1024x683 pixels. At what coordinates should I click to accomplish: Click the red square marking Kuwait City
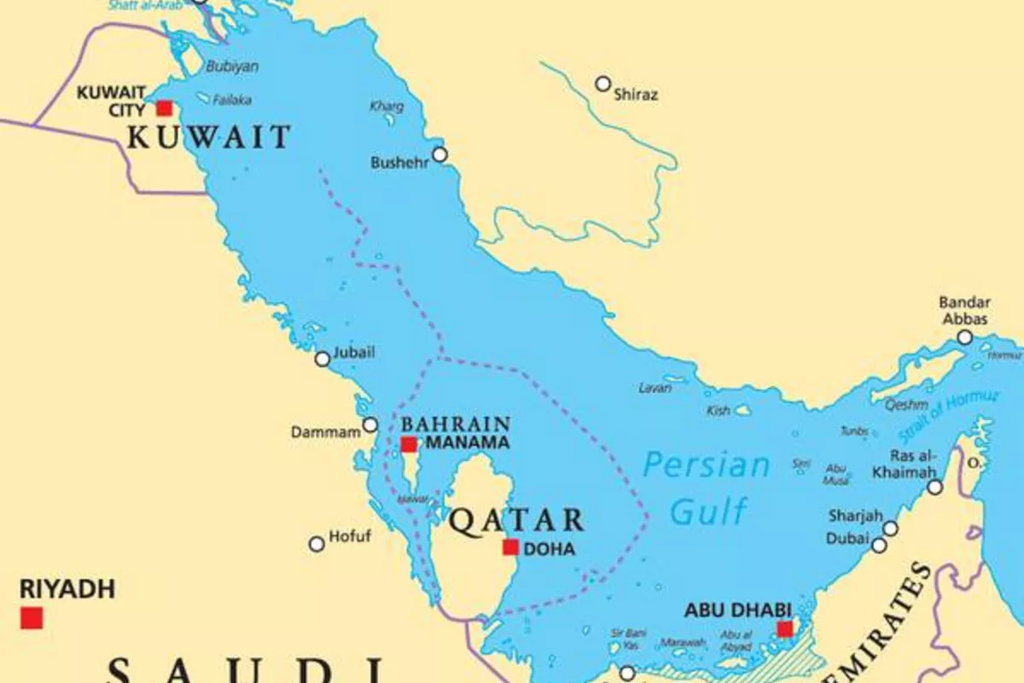[164, 108]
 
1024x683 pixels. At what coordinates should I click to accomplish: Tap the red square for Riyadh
[32, 617]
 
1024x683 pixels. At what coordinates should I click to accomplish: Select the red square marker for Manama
[409, 444]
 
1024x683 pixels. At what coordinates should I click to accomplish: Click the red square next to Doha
[510, 547]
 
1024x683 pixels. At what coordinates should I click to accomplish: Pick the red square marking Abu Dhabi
[784, 629]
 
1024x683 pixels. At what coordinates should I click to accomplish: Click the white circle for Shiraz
[603, 84]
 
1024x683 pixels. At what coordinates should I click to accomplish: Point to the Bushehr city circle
[439, 155]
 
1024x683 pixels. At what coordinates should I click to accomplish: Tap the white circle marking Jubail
[323, 359]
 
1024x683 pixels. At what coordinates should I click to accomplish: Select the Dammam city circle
[370, 424]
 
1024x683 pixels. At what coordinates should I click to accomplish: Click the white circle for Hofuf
[317, 543]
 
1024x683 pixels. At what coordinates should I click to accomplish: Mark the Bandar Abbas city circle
[964, 337]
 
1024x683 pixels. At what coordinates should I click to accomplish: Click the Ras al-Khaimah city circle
[935, 487]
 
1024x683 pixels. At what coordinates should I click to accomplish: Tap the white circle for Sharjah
[890, 528]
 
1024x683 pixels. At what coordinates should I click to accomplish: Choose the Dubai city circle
[879, 544]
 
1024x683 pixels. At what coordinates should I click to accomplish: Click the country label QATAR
[516, 520]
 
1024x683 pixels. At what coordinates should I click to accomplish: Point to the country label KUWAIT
[209, 137]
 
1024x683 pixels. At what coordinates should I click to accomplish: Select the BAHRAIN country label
[456, 424]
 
